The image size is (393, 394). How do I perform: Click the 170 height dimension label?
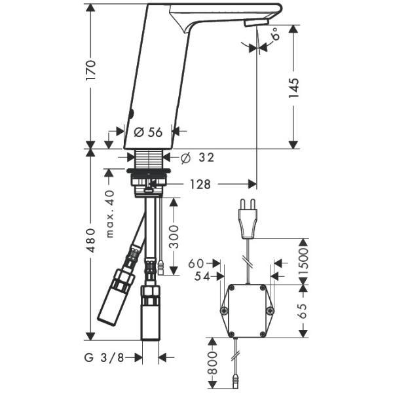coord(91,70)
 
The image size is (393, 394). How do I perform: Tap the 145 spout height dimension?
coord(293,88)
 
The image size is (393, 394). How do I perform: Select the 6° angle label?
coord(276,33)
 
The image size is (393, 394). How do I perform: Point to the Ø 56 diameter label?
coord(148,132)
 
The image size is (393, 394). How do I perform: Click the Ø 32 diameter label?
coord(198,158)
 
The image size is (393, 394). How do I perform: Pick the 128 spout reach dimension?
coord(200,184)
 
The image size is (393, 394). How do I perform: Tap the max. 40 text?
coord(110,214)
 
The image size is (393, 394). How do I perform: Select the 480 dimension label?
coord(90,240)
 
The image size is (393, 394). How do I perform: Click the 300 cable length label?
coord(174,237)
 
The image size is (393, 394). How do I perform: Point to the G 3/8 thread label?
coord(104,357)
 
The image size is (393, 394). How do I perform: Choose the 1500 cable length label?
coord(303,262)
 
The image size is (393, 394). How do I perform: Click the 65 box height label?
coord(303,311)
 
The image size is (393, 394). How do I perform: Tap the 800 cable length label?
coord(212,363)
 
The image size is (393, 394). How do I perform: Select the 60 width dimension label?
coord(196,263)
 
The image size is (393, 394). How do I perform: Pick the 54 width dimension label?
coord(202,277)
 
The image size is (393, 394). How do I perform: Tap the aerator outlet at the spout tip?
coord(257,24)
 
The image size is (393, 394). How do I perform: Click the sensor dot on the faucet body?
coord(131,115)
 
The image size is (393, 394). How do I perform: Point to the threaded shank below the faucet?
coord(149,159)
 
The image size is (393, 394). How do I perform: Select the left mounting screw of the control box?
coord(224,311)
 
